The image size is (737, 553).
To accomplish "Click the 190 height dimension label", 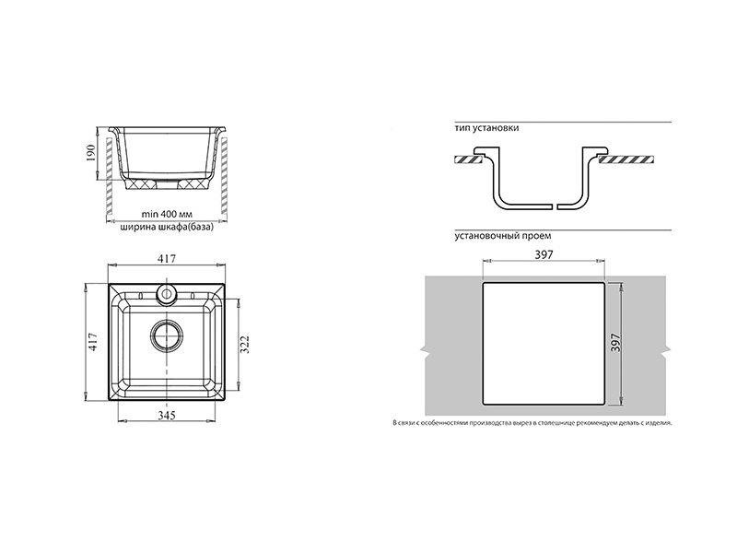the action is pos(90,153).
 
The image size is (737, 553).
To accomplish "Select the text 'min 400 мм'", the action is pos(167,215).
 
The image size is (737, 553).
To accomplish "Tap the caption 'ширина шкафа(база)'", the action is pos(167,228).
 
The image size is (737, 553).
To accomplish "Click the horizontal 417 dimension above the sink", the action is pos(167,259).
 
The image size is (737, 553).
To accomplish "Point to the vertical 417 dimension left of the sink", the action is pos(93,342).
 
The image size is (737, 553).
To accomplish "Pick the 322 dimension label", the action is pos(245,344).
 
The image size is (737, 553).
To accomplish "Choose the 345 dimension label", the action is pos(167,416).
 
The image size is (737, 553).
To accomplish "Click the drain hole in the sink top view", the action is pos(167,336).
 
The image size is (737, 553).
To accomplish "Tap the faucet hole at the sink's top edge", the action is pos(167,293).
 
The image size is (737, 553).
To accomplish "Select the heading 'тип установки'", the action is pos(487,128).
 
